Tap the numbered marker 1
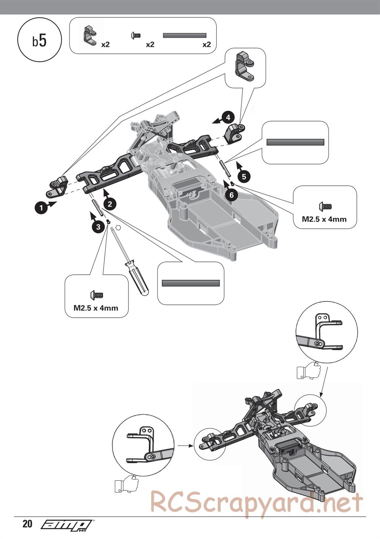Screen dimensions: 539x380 click(x=39, y=208)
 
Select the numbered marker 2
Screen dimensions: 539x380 click(x=109, y=204)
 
